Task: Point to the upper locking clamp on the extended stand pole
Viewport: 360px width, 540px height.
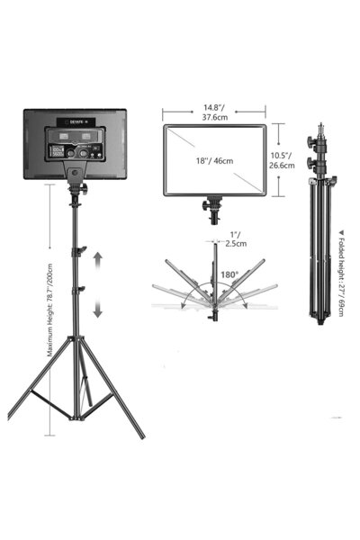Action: [x=80, y=248]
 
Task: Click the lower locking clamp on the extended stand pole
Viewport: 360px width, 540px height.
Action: [x=81, y=288]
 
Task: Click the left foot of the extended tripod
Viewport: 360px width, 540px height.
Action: [x=12, y=418]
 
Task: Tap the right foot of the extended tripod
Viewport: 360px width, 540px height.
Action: [x=141, y=436]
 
